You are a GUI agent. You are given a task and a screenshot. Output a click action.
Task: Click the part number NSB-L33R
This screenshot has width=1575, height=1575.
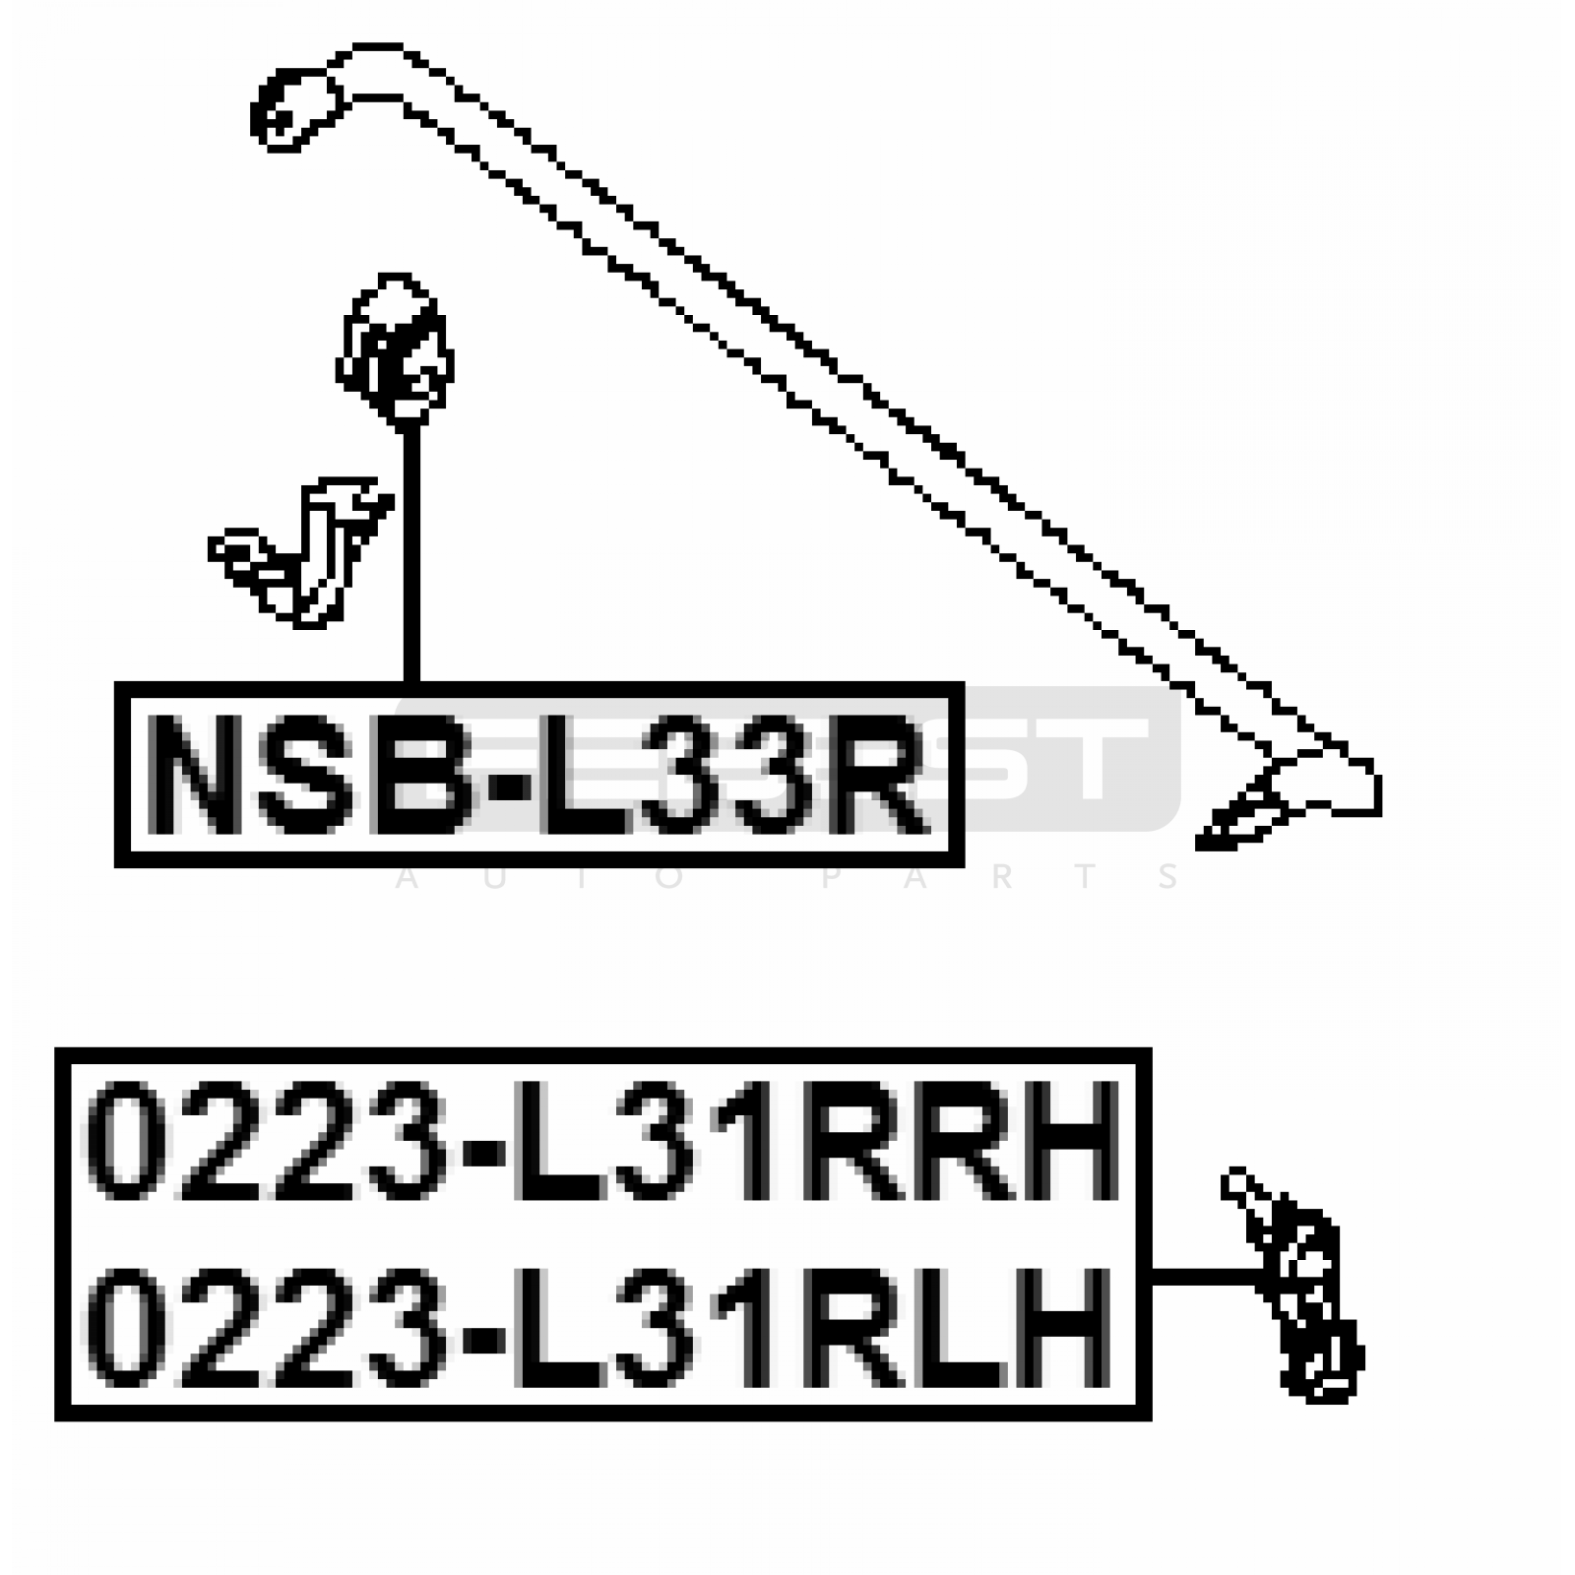pos(538,775)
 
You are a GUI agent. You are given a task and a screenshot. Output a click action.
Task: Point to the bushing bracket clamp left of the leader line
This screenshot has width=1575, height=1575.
pos(300,551)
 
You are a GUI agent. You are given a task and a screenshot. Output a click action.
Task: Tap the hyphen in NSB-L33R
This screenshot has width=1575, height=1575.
pos(507,778)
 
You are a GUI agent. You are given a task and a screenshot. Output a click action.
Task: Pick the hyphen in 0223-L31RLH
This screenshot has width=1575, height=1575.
pos(482,1334)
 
